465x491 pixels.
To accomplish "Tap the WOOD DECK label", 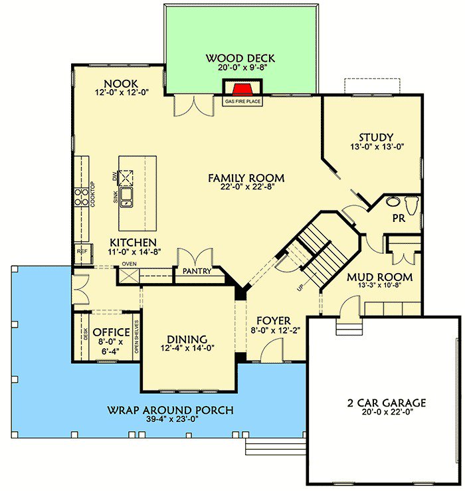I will click(x=240, y=58).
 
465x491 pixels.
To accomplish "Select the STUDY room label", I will click(x=377, y=138).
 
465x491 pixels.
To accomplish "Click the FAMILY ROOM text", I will click(x=246, y=178).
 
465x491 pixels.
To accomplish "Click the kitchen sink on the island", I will click(x=126, y=195).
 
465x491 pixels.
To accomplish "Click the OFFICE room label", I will click(x=111, y=332).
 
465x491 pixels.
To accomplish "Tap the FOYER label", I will click(x=272, y=321).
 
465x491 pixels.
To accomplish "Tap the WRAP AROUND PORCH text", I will click(x=170, y=410).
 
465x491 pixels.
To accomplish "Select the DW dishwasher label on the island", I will click(x=115, y=177).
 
